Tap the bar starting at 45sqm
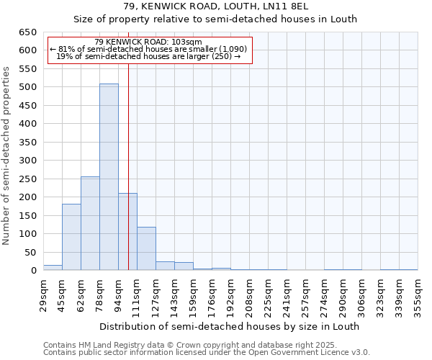click(71, 237)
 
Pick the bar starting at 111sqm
click(146, 248)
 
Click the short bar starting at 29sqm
click(53, 267)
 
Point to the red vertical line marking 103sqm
click(128, 166)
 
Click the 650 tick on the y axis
click(27, 32)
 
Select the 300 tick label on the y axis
click(27, 161)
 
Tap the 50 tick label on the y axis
click(30, 253)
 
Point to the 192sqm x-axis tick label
click(230, 295)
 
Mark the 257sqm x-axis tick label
click(305, 295)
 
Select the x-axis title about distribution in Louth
click(229, 326)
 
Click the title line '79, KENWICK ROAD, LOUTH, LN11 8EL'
click(216, 6)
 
